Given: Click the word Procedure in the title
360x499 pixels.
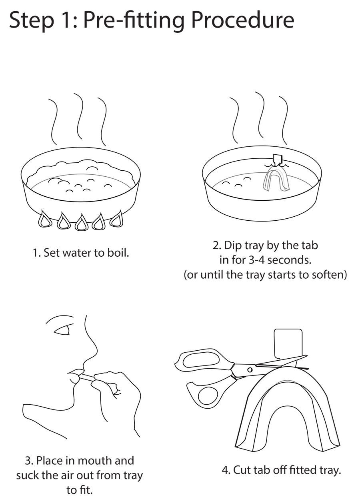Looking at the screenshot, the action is click(x=243, y=20).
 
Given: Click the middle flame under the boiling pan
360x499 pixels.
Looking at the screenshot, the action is click(x=81, y=222).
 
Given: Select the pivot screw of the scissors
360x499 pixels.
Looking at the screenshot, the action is click(x=250, y=370).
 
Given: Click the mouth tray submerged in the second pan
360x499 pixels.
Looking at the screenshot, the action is click(x=276, y=179).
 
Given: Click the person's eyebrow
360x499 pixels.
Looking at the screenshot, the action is click(x=60, y=320).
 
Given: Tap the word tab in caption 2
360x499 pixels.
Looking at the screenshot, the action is click(x=309, y=246).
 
